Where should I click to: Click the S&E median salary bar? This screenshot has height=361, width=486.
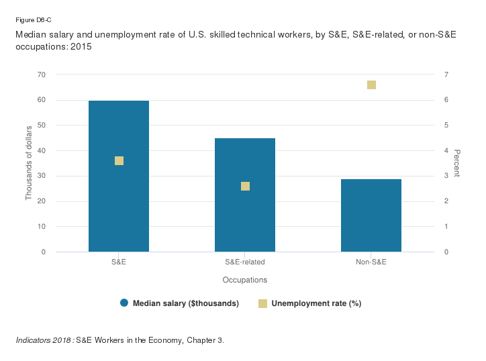tap(119, 201)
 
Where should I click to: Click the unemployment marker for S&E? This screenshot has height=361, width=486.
tap(119, 160)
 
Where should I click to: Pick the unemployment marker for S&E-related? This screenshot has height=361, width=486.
tap(245, 186)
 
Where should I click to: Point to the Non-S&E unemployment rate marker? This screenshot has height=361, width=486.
tap(371, 85)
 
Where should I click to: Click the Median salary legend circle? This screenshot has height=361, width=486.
tap(124, 303)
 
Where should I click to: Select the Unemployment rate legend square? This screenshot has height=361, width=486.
tap(263, 303)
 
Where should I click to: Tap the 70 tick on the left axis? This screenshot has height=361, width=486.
tap(42, 74)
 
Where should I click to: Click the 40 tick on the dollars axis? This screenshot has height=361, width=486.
tap(42, 151)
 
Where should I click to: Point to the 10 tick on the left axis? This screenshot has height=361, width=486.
tap(42, 227)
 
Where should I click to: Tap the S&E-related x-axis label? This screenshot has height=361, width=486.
tap(245, 262)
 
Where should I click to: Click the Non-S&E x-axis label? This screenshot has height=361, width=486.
tap(371, 262)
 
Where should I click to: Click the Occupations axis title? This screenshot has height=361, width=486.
tap(245, 279)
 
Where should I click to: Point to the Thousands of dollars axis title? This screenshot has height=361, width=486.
tap(29, 163)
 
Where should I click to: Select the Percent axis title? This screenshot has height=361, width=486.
tap(456, 163)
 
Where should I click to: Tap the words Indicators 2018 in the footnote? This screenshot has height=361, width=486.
tap(44, 340)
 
